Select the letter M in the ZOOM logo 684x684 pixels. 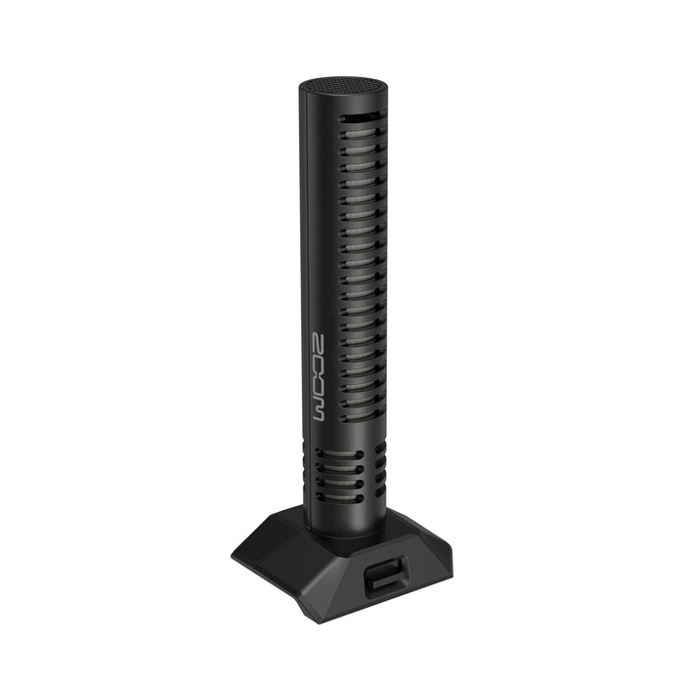pyautogui.click(x=323, y=406)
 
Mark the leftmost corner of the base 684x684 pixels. pyautogui.click(x=233, y=556)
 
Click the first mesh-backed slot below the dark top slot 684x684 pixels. pyautogui.click(x=362, y=138)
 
